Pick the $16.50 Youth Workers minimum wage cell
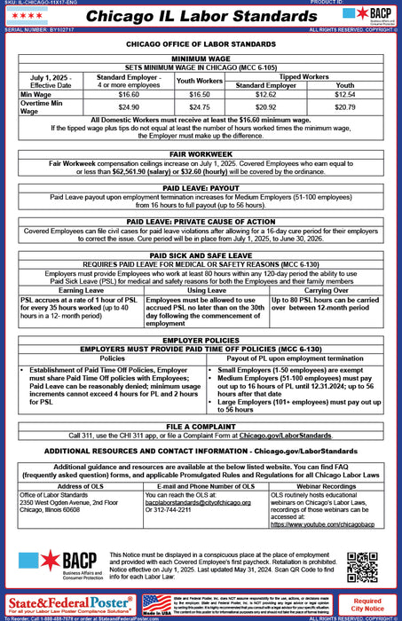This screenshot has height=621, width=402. [x=200, y=93]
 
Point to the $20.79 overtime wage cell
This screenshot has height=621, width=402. [x=345, y=106]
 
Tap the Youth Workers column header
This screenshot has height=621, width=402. [x=200, y=81]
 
